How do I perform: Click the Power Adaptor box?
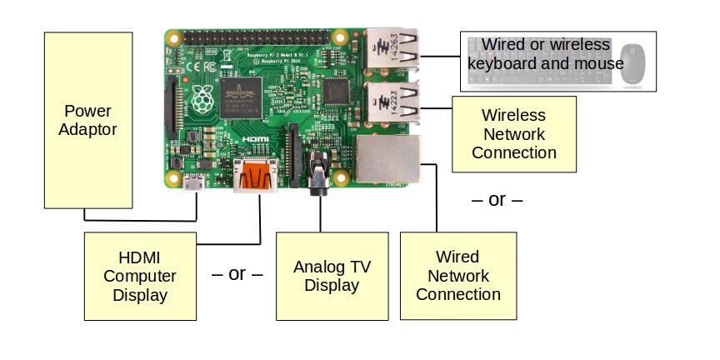pos(87,120)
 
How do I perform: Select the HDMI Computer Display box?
pos(140,276)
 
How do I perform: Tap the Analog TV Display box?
pos(332,276)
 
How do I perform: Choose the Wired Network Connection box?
pos(457,276)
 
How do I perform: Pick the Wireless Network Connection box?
pos(513,134)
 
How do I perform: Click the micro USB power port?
pos(196,185)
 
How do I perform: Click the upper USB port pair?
pos(392,48)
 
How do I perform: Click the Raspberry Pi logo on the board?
pos(201,99)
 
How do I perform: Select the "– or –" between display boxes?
pos(237,274)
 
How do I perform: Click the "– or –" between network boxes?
pos(497,200)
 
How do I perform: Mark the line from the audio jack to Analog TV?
pos(320,212)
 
